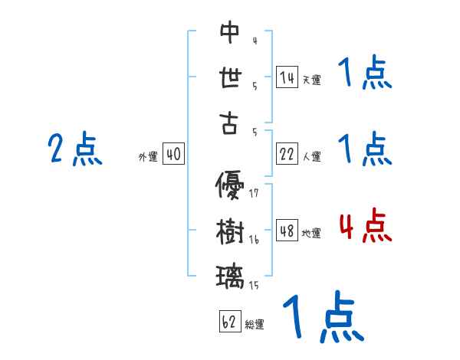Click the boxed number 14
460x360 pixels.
pyautogui.click(x=287, y=77)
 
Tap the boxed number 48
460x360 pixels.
pyautogui.click(x=287, y=231)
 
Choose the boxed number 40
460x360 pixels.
pyautogui.click(x=173, y=154)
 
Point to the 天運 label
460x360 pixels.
pyautogui.click(x=310, y=80)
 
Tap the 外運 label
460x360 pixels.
pyautogui.click(x=147, y=157)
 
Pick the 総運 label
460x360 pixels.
pyautogui.click(x=254, y=324)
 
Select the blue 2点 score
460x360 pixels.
pyautogui.click(x=75, y=149)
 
